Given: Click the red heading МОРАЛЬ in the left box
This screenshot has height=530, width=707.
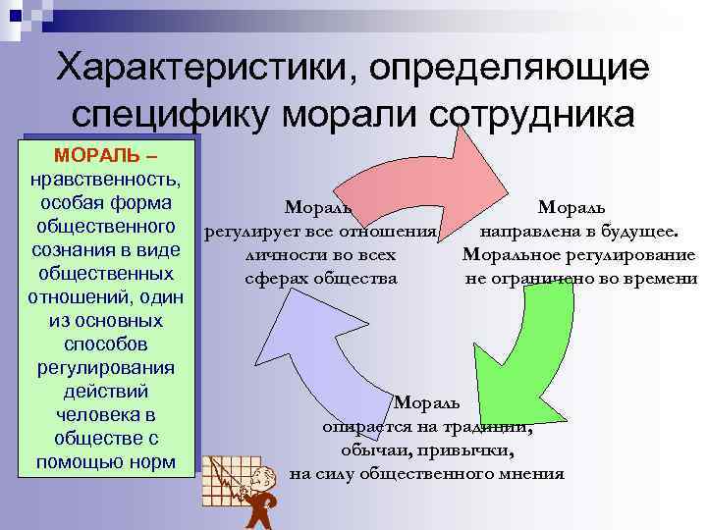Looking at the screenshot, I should click(x=94, y=157).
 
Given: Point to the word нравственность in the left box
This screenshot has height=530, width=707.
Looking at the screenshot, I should click(x=105, y=181).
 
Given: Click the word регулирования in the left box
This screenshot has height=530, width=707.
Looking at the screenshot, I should click(x=105, y=368).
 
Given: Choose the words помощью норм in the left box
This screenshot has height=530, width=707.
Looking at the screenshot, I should click(x=105, y=461).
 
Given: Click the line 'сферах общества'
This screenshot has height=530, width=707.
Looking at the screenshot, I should click(x=321, y=278).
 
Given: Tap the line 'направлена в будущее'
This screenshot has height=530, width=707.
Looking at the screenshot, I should click(x=578, y=232).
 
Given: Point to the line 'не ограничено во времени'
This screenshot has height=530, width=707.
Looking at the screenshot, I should click(x=580, y=278).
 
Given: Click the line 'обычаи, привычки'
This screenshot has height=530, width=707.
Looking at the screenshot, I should click(x=427, y=450).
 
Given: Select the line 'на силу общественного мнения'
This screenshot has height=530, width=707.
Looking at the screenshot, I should click(x=427, y=474).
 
